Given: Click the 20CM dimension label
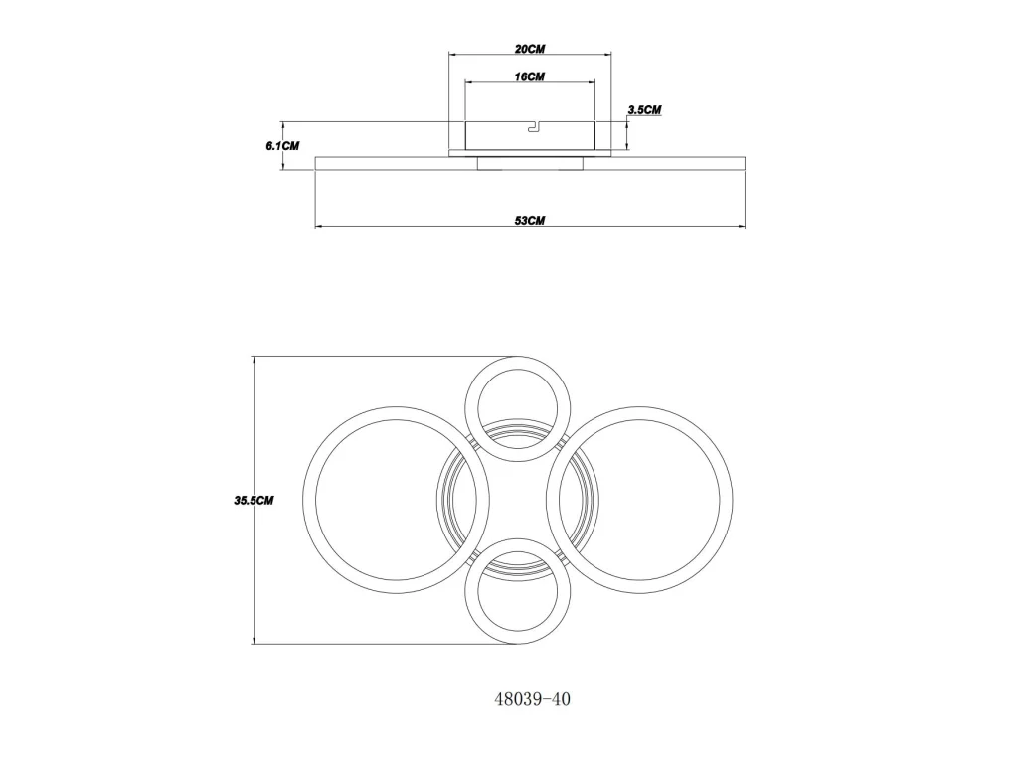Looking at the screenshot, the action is pos(530,49).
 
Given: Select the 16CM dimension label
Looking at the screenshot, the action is pos(530,76).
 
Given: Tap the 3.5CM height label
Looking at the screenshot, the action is pos(644,109).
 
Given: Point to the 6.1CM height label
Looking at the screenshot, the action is pos(282,145).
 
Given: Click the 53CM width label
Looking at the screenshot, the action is pos(530,220).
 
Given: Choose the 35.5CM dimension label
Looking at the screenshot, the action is pos(254,501).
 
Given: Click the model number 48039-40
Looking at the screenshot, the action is pos(533,699).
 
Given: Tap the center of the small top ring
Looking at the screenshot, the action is pos(517,363).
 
